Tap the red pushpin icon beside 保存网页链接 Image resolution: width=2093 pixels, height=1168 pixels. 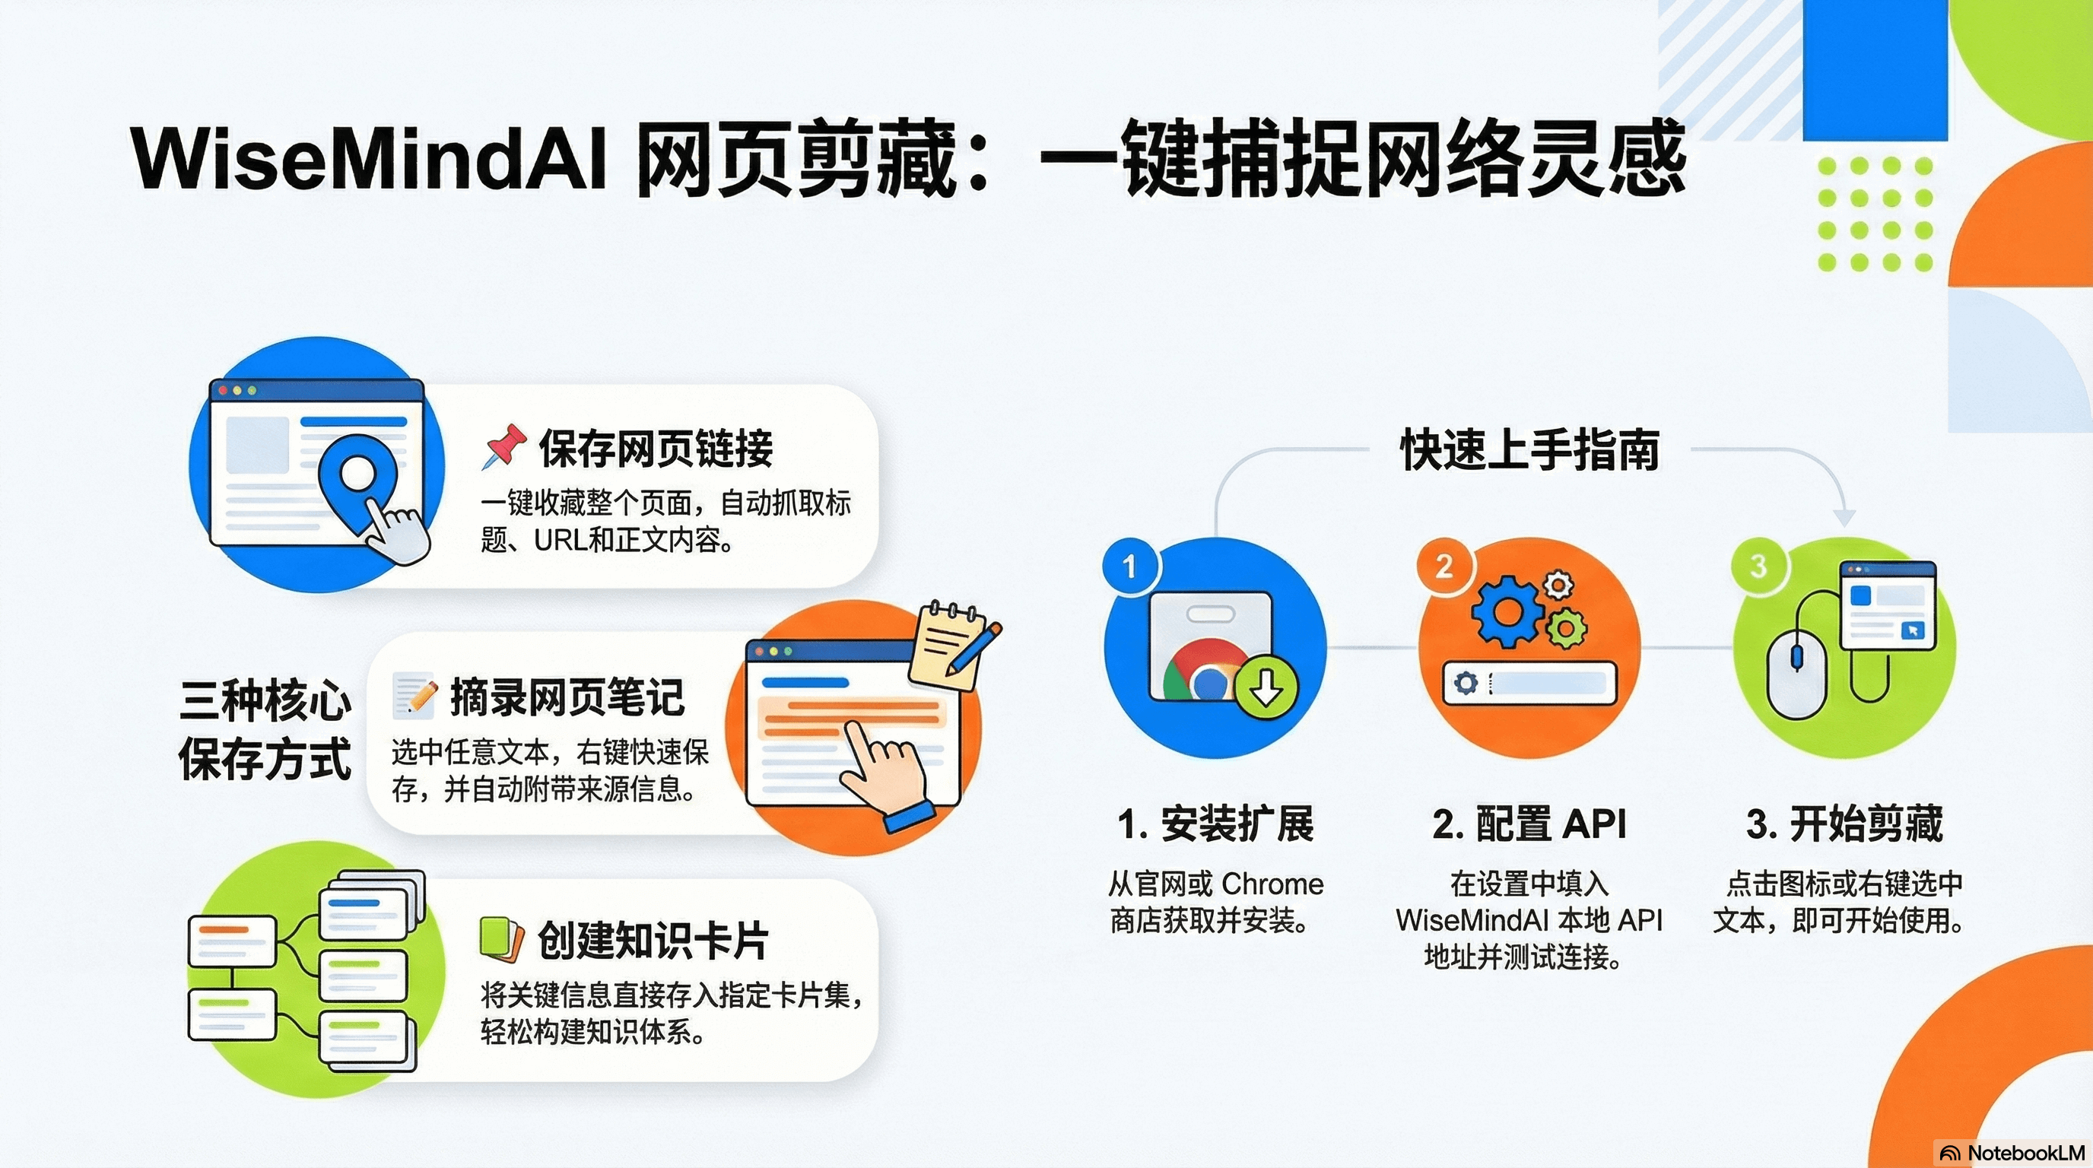[x=503, y=446]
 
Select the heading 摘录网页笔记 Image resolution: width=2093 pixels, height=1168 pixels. [x=567, y=696]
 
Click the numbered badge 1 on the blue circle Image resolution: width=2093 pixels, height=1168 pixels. [x=1129, y=567]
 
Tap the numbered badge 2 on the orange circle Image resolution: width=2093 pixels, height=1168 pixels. [x=1444, y=567]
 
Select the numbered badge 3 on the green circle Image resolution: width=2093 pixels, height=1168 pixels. [x=1758, y=567]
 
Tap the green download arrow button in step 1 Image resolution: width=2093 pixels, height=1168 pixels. [x=1266, y=687]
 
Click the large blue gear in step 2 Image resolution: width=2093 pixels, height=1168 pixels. [x=1507, y=611]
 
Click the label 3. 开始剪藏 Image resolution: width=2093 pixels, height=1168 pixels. [x=1844, y=824]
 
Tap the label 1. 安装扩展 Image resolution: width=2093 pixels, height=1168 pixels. [x=1215, y=824]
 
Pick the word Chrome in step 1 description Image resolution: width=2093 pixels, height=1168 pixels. [x=1272, y=883]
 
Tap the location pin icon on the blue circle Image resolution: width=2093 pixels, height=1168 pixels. [x=357, y=475]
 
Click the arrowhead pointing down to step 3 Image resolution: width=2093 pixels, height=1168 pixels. [x=1844, y=517]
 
